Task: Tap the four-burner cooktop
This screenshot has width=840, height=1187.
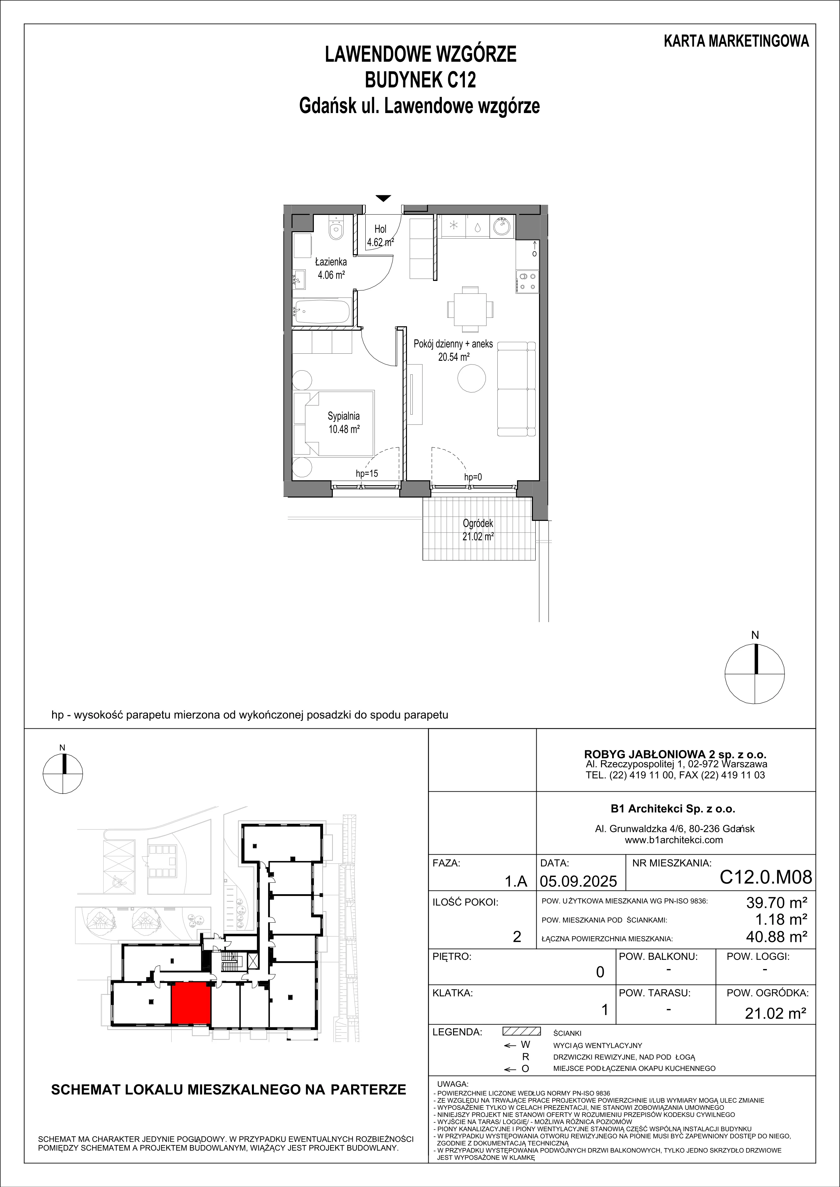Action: coord(527,282)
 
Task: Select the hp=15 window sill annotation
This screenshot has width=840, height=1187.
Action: coord(367,473)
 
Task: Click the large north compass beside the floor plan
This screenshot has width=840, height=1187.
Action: coord(755,674)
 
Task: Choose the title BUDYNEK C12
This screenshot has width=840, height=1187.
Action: coord(421,81)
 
